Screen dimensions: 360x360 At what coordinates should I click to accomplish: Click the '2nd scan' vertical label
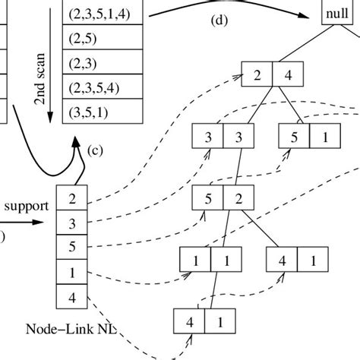pos(43,77)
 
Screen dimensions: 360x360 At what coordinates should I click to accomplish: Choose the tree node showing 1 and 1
pos(207,261)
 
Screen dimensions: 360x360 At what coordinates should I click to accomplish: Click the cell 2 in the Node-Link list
pos(72,201)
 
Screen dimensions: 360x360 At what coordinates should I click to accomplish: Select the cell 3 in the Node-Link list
pos(72,223)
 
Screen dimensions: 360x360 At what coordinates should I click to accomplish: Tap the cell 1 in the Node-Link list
pos(72,272)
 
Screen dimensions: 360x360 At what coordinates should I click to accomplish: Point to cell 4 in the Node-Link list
pos(72,296)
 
